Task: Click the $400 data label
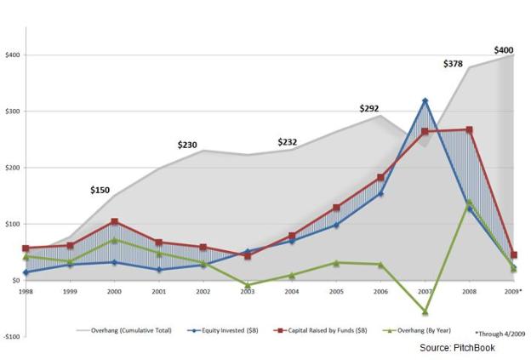505,50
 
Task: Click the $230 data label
187,145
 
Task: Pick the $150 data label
101,189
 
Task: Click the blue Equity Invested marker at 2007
425,101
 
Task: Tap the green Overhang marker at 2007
425,311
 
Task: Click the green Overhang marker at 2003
247,285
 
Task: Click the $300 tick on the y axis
12,111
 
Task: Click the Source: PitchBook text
460,348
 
